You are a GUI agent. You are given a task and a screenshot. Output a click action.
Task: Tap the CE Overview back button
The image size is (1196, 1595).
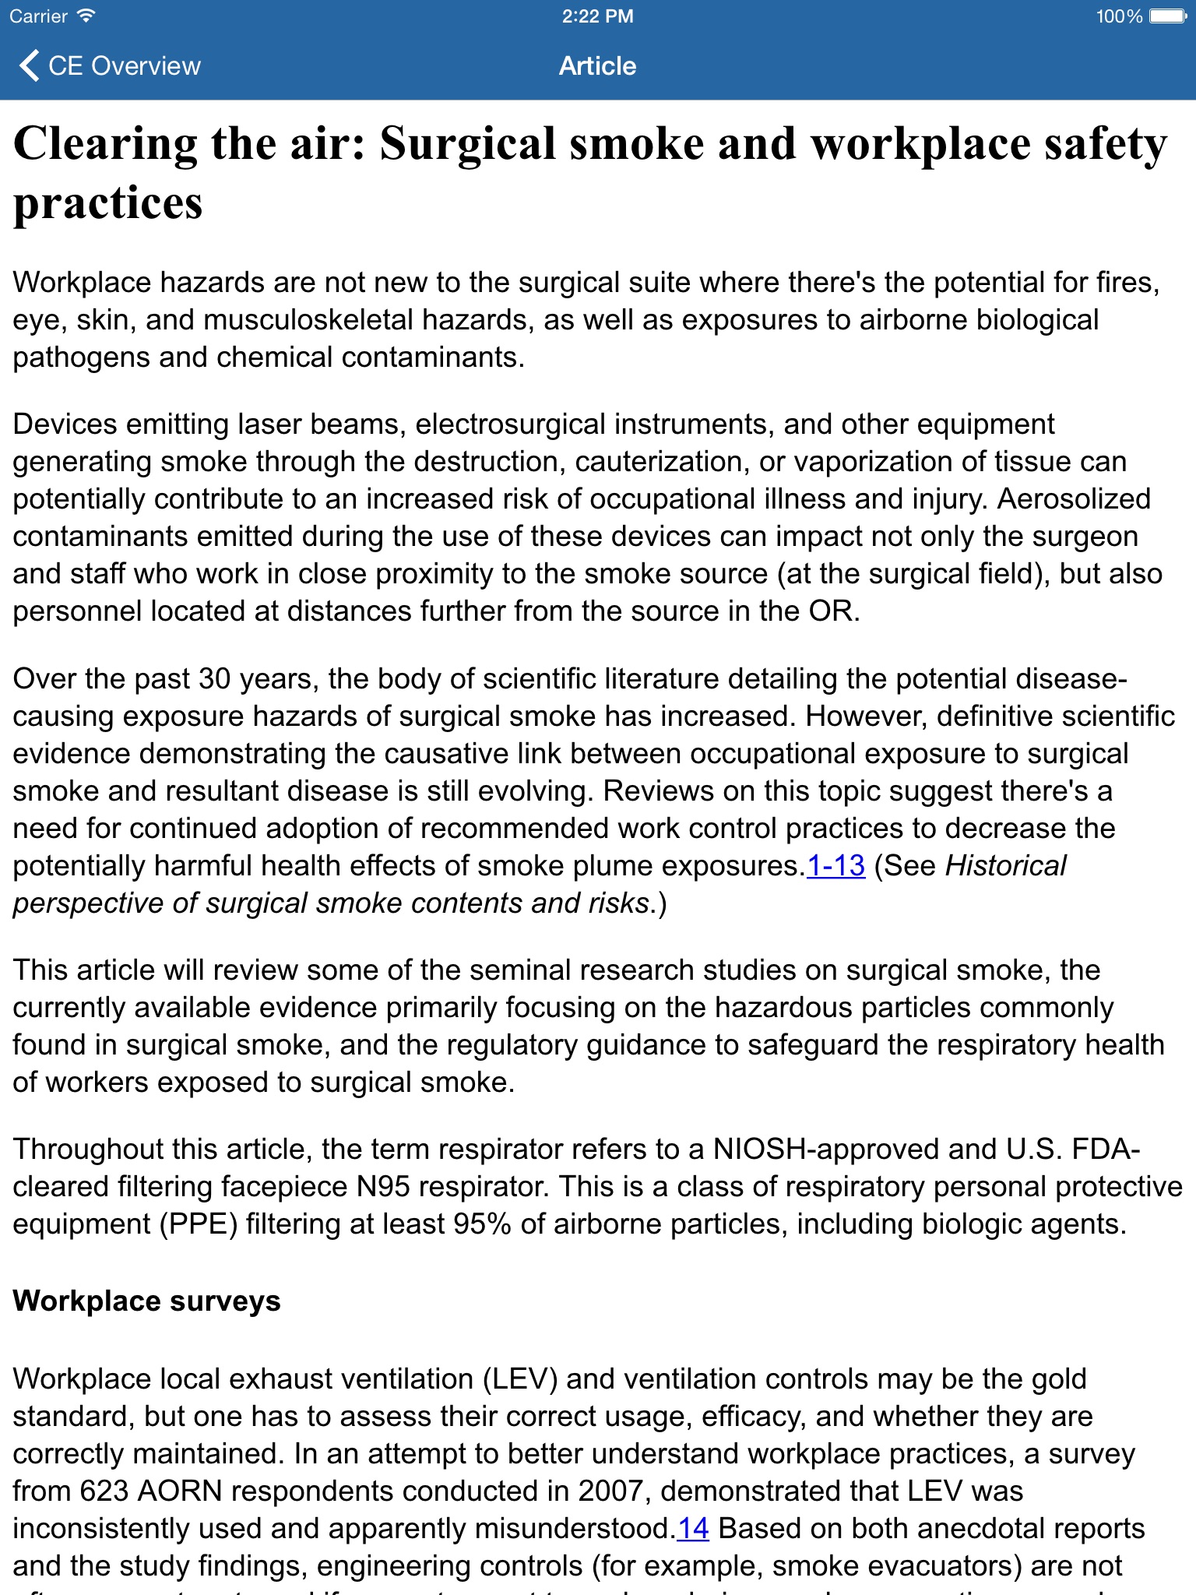109,66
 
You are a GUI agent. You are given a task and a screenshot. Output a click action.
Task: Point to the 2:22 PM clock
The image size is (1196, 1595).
597,16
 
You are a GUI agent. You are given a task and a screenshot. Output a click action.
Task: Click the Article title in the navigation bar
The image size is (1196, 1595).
597,66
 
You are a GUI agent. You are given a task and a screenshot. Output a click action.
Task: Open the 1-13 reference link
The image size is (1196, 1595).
835,866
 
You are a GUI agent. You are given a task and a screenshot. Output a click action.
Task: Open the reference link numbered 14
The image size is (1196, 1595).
692,1529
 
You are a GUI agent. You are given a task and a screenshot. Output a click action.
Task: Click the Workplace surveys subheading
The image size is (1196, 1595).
146,1301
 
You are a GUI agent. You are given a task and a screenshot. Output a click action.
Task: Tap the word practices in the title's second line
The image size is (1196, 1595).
107,204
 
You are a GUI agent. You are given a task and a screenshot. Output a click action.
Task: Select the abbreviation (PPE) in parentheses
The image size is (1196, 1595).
199,1224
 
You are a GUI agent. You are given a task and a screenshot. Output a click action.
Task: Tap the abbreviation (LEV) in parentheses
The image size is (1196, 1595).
520,1379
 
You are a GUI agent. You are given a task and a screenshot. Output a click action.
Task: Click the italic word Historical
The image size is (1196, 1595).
1005,866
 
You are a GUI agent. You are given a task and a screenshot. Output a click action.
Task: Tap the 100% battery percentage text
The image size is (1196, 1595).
1118,16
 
